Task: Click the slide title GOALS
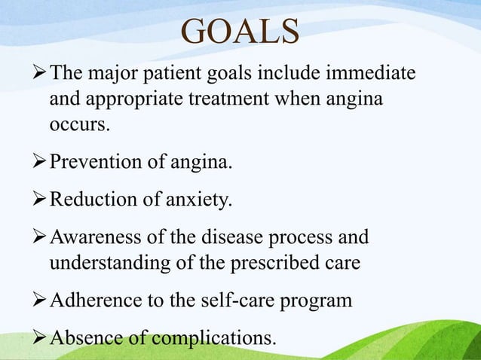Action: [x=240, y=32]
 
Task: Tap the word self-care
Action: [x=239, y=301]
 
